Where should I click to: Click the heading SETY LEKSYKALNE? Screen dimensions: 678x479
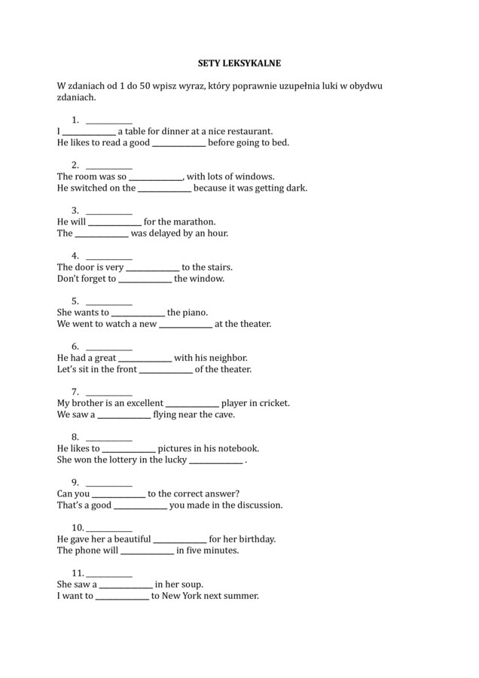click(239, 65)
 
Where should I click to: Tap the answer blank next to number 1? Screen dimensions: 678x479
click(109, 120)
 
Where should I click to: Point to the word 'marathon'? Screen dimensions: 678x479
click(196, 221)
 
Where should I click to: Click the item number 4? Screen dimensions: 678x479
click(75, 255)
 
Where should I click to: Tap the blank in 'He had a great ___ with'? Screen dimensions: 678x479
click(145, 358)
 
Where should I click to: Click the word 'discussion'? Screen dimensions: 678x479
click(258, 505)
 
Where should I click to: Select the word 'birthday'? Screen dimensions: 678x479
click(255, 539)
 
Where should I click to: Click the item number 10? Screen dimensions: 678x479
click(77, 527)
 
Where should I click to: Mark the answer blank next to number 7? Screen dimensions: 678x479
click(109, 392)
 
